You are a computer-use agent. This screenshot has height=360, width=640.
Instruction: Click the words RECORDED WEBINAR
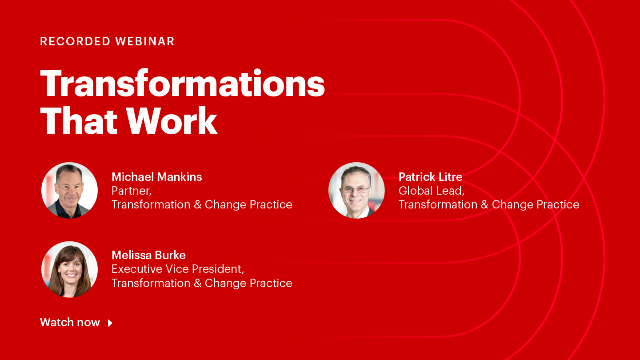pos(107,41)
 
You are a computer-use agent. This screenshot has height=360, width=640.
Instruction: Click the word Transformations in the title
pos(182,84)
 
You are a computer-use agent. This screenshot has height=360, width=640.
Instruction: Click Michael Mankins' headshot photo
pos(69,190)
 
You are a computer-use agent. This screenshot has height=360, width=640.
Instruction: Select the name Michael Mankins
pos(156,177)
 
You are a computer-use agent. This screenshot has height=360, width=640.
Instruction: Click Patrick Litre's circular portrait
pos(356,190)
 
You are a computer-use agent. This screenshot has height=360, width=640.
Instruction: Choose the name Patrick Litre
pos(430,177)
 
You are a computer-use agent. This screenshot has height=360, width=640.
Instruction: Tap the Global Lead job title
pos(431,191)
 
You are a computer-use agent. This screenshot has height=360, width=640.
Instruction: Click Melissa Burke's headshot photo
pos(69,269)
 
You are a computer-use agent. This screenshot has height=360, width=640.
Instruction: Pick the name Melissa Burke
pos(148,255)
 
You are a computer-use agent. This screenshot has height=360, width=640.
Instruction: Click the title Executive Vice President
pos(178,269)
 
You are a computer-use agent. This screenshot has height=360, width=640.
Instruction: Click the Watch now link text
pos(70,322)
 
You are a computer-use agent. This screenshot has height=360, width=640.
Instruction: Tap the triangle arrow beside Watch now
pos(110,323)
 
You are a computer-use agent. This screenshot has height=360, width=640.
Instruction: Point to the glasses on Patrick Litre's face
pos(356,189)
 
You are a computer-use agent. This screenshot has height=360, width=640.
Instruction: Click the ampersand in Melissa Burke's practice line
pos(198,283)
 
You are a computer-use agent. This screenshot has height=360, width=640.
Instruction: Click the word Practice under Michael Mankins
pos(271,204)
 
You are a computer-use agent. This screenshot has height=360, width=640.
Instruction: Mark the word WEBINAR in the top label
pos(145,41)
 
